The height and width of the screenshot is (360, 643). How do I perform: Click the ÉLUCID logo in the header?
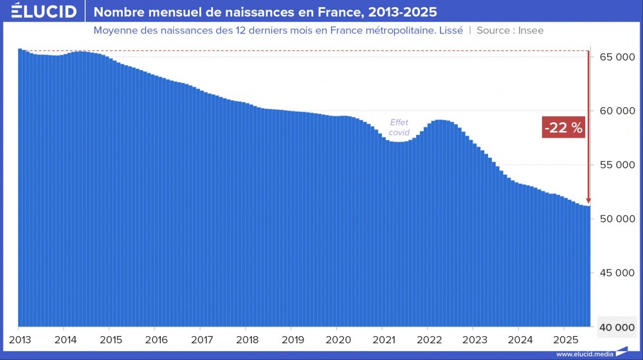click(x=44, y=12)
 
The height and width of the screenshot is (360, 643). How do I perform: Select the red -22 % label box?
click(x=563, y=128)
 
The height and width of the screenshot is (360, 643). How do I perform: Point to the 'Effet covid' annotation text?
click(x=399, y=127)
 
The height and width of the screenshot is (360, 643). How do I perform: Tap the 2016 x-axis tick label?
click(x=156, y=339)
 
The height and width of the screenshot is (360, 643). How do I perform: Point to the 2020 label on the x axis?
click(x=338, y=339)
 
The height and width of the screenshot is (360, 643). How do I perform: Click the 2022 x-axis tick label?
click(x=429, y=339)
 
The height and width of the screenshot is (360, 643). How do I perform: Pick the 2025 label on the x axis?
click(x=565, y=339)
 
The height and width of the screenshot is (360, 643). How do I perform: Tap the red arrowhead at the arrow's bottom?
click(x=588, y=201)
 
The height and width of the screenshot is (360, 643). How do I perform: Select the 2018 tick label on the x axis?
click(x=247, y=339)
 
